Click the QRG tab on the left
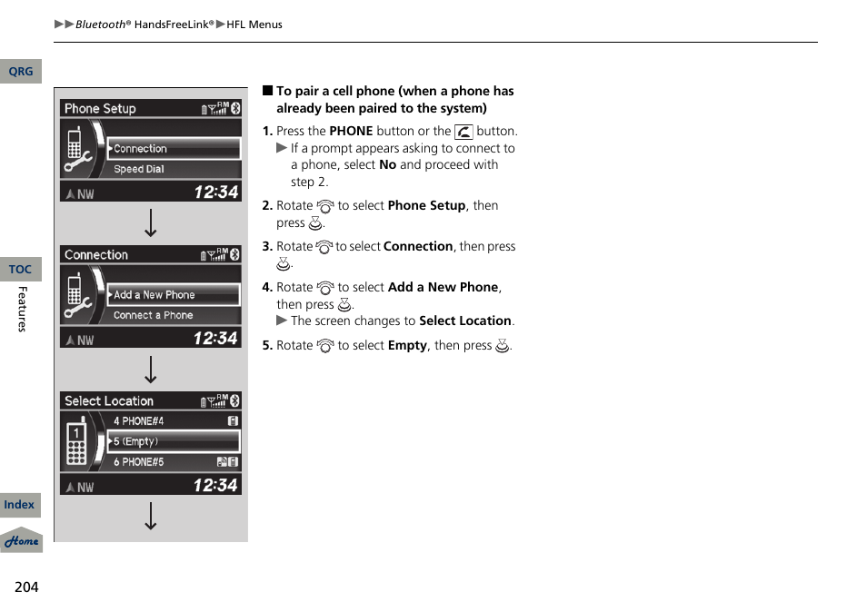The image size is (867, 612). [x=20, y=72]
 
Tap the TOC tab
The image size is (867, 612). [x=20, y=270]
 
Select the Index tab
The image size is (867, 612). [x=19, y=505]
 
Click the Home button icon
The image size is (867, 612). [x=21, y=541]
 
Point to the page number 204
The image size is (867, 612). [x=26, y=587]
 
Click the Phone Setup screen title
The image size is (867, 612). [x=100, y=109]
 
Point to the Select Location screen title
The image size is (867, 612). [x=109, y=401]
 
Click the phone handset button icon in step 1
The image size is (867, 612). [x=463, y=132]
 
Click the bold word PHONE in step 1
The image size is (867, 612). [x=351, y=131]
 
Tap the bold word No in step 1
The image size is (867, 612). [x=387, y=165]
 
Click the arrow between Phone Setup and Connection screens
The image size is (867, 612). [x=151, y=223]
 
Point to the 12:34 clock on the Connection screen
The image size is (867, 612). [x=215, y=339]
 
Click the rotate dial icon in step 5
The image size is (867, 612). [x=325, y=346]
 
